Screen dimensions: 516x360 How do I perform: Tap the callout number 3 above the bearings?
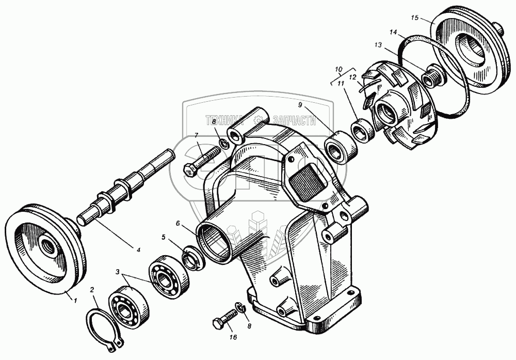(118, 272)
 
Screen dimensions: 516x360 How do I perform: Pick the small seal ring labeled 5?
(192, 258)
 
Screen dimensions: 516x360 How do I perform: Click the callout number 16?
(233, 337)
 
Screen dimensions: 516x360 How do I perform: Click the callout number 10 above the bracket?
(338, 69)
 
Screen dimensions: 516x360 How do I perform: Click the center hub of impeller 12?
(386, 110)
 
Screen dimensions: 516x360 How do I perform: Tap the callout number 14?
(393, 33)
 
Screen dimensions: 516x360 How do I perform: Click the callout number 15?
(414, 18)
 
